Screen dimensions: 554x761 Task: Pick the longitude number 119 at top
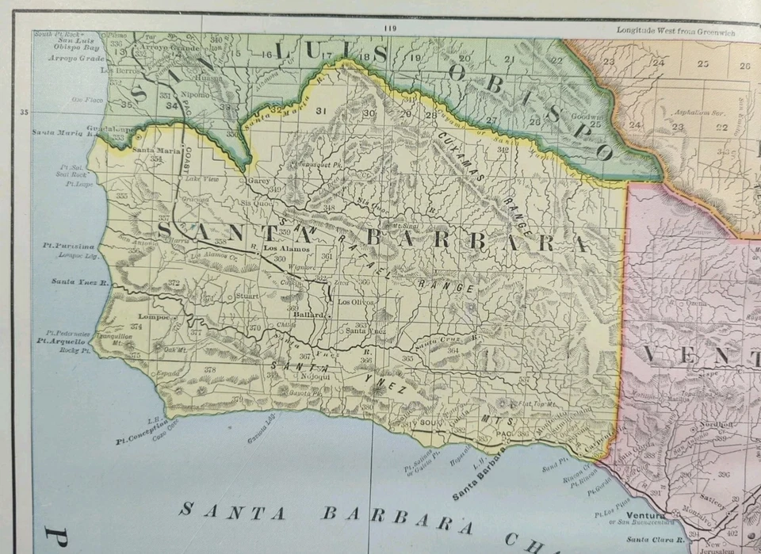(388, 29)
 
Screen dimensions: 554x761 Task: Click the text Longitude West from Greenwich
(675, 31)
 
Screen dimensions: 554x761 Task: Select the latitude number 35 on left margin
(24, 113)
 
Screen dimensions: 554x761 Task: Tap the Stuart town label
(247, 296)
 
